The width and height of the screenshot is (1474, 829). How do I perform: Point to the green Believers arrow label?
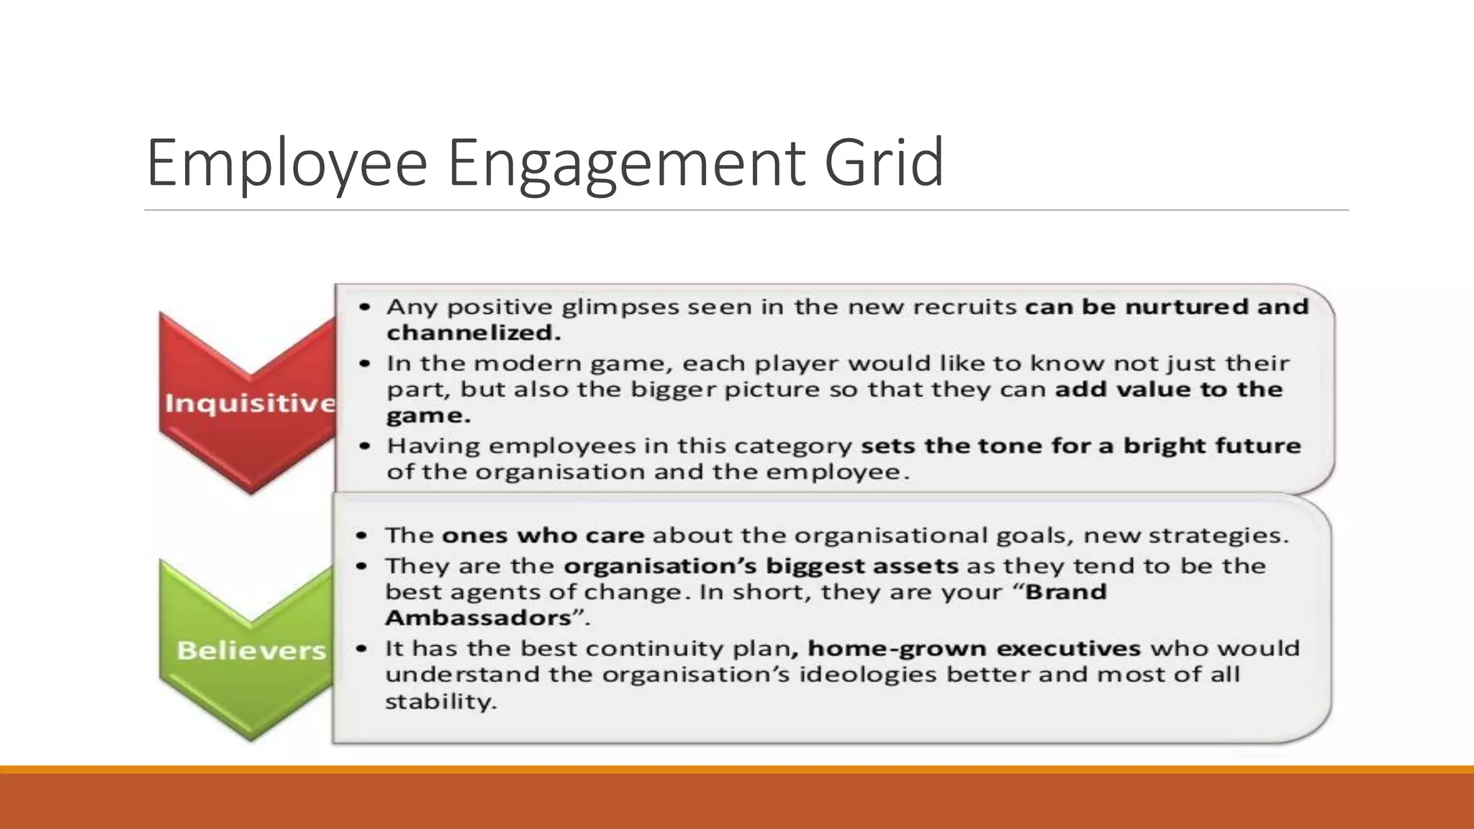coord(251,651)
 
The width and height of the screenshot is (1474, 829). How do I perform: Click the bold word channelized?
coord(473,333)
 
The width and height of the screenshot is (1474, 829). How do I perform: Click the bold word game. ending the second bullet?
coord(428,416)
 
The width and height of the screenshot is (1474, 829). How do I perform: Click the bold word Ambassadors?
coord(478,618)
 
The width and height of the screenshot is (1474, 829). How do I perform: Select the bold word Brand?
coord(1066,592)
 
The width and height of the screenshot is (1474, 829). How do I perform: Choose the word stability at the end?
coord(440,702)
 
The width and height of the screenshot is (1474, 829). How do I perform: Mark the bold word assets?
coord(915,566)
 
